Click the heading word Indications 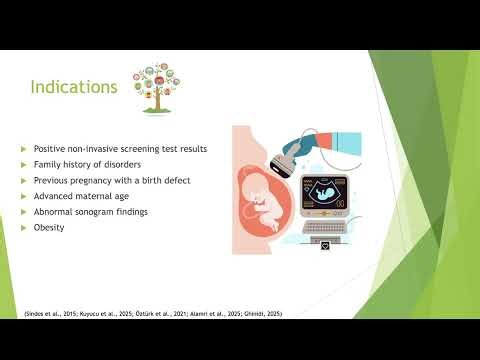(x=74, y=88)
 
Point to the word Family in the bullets (x=48, y=164)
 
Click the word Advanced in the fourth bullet (x=54, y=196)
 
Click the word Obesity (x=49, y=227)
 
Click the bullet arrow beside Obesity (x=24, y=227)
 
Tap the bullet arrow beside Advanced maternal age (x=24, y=196)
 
